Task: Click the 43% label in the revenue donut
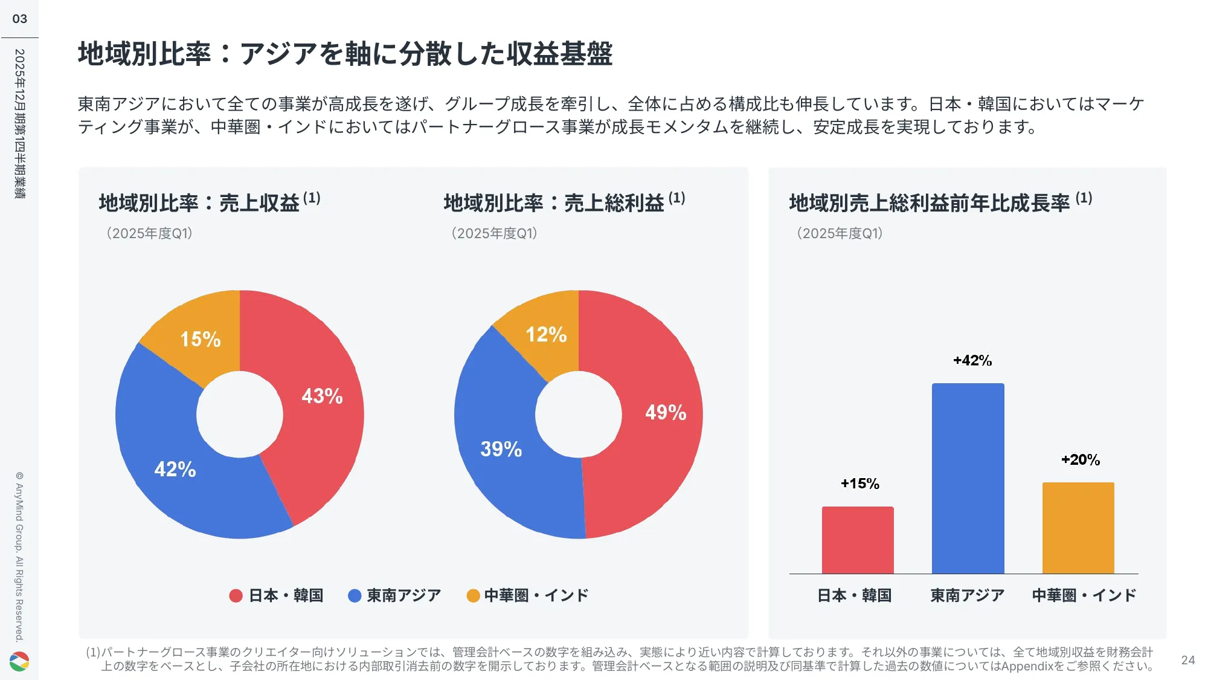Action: click(x=322, y=396)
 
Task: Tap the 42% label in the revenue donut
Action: click(x=175, y=469)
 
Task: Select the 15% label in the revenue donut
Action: click(x=201, y=339)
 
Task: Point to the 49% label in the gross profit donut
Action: click(x=666, y=412)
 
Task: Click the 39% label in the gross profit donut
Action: click(x=501, y=449)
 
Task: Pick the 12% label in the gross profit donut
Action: click(x=546, y=334)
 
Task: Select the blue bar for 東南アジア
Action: click(x=968, y=478)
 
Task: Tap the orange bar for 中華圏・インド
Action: click(x=1078, y=528)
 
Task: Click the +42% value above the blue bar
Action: click(x=972, y=361)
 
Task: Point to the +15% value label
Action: click(x=860, y=484)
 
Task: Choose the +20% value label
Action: click(x=1081, y=460)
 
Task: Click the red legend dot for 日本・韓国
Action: click(x=236, y=596)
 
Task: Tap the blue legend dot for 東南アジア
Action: click(x=355, y=596)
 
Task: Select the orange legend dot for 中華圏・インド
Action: click(x=473, y=596)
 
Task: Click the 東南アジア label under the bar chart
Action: click(x=967, y=595)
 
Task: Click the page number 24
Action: click(x=1187, y=660)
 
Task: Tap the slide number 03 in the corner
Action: click(x=20, y=19)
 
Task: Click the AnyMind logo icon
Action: click(x=19, y=661)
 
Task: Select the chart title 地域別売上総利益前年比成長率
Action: click(x=929, y=203)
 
